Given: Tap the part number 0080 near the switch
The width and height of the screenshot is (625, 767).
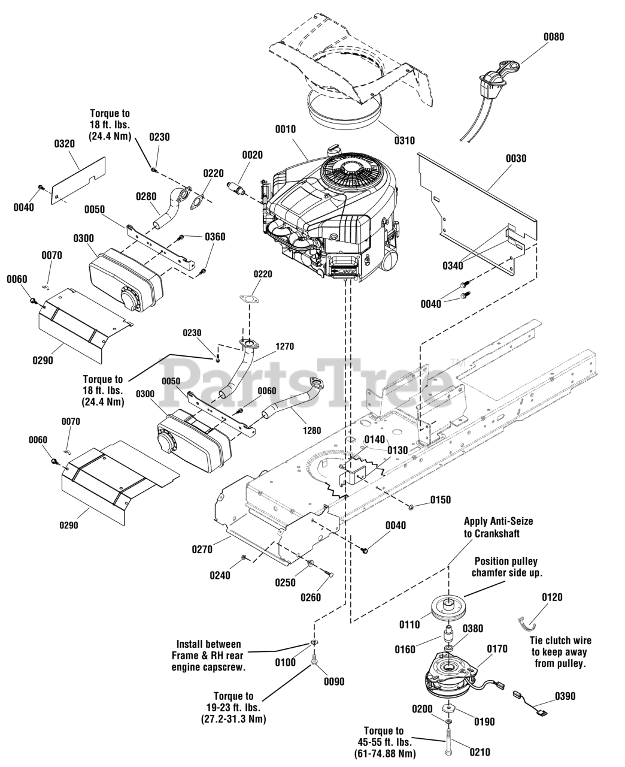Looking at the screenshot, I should [x=554, y=37].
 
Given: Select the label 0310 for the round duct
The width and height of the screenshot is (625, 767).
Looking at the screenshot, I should [x=404, y=141].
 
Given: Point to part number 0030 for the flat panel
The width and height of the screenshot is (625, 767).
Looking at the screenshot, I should [x=516, y=158].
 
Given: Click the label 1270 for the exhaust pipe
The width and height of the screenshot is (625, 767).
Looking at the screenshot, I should [x=285, y=346].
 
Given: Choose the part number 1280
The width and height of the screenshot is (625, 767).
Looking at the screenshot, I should [x=311, y=430].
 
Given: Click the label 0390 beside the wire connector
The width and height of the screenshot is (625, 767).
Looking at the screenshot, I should [x=565, y=696].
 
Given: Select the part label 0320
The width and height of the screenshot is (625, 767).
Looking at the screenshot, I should [x=65, y=144].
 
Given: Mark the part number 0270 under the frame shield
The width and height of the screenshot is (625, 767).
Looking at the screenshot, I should [x=202, y=549].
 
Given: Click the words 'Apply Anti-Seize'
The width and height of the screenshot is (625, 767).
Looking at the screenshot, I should [x=498, y=521].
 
